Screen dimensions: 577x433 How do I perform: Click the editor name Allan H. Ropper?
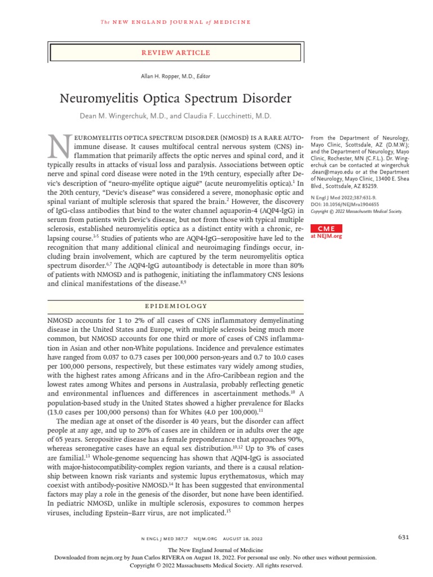[x=160, y=76]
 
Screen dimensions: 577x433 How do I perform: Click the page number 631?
[x=403, y=536]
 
